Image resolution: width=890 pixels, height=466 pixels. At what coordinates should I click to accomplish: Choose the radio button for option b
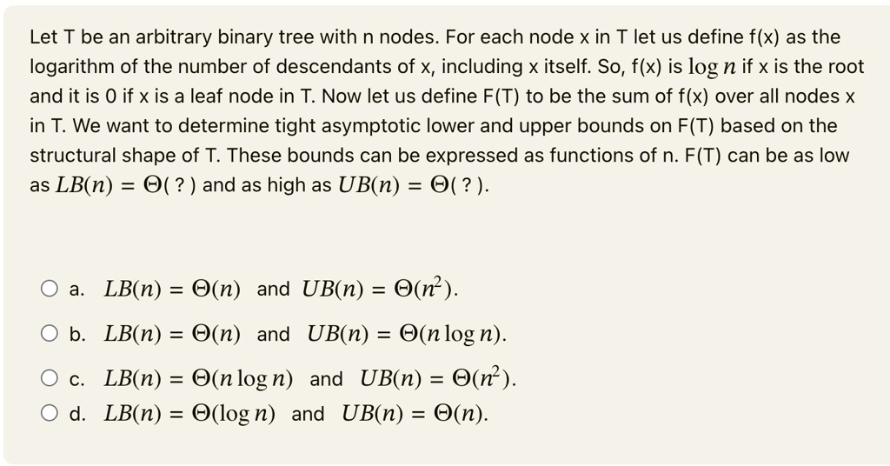point(49,334)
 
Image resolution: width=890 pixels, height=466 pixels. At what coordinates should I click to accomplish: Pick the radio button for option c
point(49,379)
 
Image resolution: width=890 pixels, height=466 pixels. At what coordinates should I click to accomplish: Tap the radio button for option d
point(49,414)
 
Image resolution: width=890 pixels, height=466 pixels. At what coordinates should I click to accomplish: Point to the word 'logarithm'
point(70,67)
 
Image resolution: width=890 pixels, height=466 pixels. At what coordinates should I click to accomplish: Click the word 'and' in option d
point(308,414)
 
